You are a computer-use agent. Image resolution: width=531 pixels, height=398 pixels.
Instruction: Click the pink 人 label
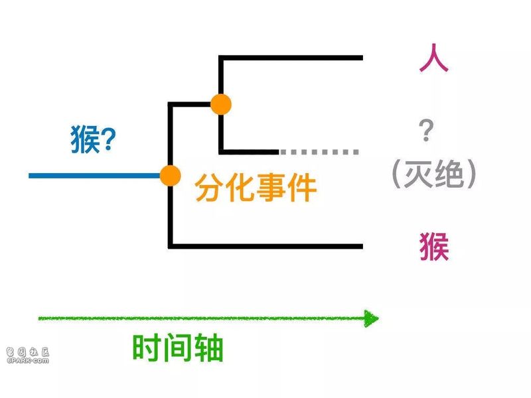tap(434, 58)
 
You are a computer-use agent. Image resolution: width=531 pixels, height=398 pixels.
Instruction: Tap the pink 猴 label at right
tap(435, 246)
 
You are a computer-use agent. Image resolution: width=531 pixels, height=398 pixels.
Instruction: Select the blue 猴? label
tap(93, 139)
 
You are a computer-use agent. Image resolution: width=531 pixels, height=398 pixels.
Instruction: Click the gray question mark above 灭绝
tap(426, 130)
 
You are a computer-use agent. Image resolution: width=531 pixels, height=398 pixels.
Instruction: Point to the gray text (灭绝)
tap(434, 174)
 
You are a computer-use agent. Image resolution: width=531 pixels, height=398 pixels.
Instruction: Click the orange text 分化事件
tap(256, 188)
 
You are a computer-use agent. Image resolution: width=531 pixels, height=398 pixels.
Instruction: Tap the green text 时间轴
tap(177, 348)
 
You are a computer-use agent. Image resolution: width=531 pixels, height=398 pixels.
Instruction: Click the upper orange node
tap(221, 104)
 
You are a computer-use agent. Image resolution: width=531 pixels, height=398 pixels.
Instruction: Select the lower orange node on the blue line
tap(170, 175)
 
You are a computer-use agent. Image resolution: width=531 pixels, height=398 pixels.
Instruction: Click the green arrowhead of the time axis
tap(371, 318)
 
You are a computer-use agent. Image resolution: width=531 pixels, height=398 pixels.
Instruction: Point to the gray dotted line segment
tap(319, 152)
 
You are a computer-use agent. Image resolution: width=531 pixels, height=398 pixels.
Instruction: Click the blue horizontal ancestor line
tap(94, 176)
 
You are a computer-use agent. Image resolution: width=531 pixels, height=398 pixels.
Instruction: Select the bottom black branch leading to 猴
tap(265, 246)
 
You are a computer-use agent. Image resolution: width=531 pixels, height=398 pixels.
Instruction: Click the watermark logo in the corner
tap(28, 356)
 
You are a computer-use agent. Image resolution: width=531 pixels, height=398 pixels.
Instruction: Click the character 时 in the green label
tap(146, 348)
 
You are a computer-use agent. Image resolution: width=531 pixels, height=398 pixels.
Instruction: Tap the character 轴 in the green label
tap(208, 348)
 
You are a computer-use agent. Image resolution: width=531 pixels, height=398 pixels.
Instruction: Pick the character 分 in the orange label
tap(209, 188)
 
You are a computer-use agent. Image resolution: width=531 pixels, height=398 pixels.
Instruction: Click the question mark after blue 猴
tap(108, 139)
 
